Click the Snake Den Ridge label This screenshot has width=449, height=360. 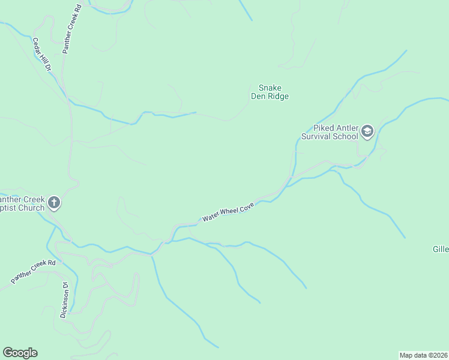click(270, 92)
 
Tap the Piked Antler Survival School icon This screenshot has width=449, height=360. click(367, 131)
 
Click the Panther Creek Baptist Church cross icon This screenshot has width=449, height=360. click(54, 203)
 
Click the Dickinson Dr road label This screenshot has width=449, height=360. click(65, 300)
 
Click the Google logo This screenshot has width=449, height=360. click(20, 353)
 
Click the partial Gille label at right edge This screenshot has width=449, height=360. click(441, 249)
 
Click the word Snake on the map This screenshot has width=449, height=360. click(270, 88)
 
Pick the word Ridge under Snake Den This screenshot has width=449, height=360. click(278, 96)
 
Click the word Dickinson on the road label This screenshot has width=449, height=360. click(64, 304)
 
